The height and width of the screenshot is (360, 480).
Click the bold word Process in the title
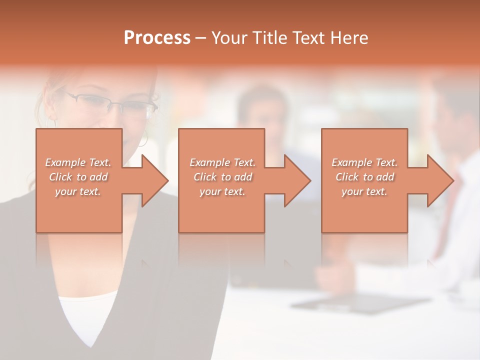pos(157,37)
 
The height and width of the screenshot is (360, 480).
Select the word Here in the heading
pos(348,37)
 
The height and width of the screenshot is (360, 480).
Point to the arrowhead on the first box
pos(153,180)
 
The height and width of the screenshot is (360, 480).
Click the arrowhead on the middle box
pos(296,180)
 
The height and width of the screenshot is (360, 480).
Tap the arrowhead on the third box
pos(439,180)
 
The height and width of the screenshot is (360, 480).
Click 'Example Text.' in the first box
pos(78,162)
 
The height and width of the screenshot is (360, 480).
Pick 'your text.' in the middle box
pos(222,191)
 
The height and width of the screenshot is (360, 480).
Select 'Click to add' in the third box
pos(364,177)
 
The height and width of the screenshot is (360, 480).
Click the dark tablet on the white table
pos(360,302)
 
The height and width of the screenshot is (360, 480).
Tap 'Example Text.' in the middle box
pos(222,162)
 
